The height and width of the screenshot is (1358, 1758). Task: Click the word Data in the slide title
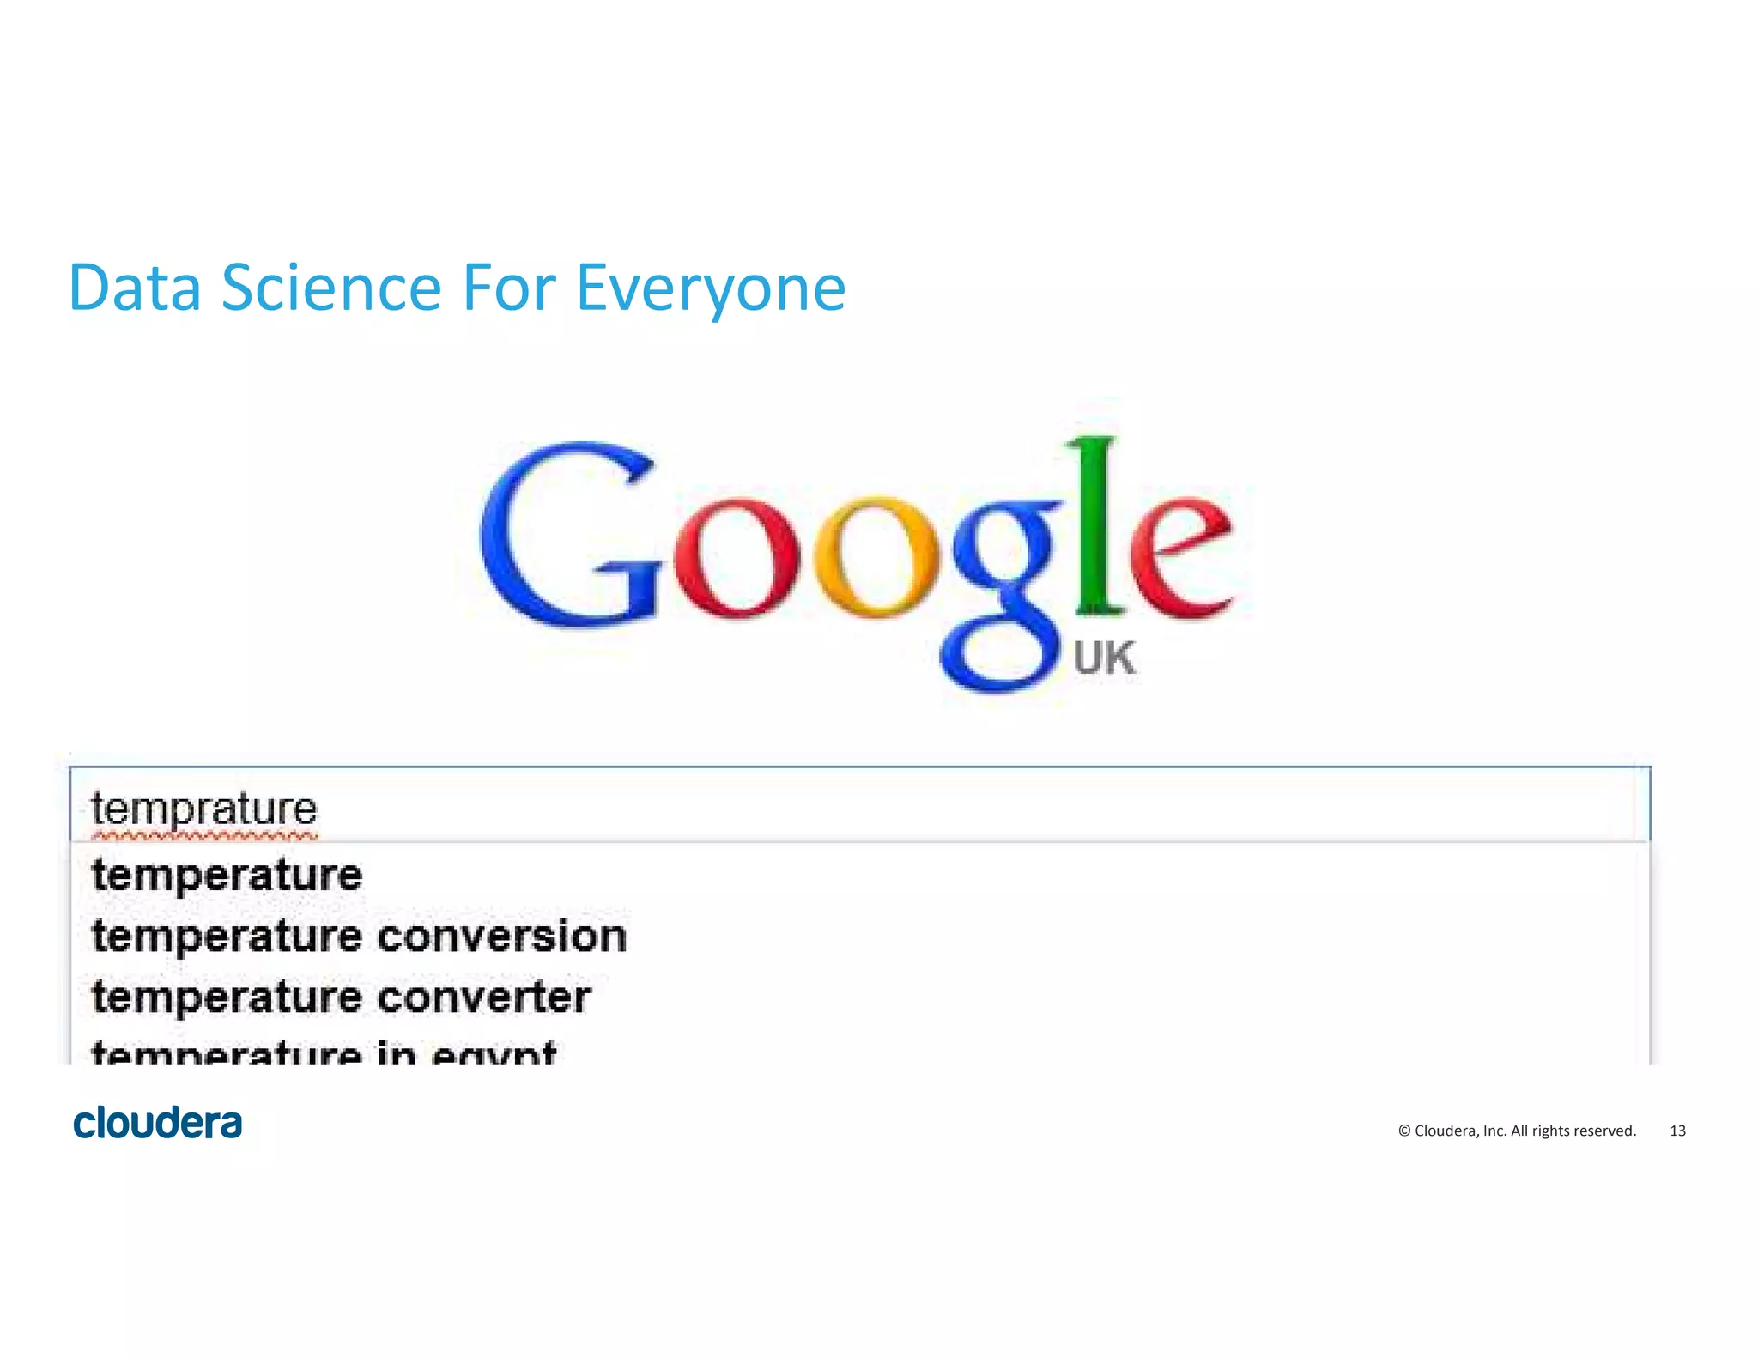pos(135,288)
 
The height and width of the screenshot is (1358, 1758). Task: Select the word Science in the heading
pos(331,288)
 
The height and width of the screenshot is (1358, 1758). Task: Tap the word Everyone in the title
pos(711,290)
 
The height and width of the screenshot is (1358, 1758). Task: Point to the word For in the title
pos(509,288)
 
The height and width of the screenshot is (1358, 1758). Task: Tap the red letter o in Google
pos(737,558)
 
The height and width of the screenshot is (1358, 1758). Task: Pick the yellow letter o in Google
pos(876,558)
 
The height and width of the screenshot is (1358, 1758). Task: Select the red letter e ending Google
pos(1180,558)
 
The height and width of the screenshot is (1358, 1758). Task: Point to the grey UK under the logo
pos(1103,659)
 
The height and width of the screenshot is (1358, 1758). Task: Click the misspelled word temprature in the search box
pos(204,809)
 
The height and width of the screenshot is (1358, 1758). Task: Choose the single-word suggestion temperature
pos(227,876)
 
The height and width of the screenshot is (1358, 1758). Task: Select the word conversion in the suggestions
pos(502,936)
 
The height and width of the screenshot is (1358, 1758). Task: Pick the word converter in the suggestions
pos(484,997)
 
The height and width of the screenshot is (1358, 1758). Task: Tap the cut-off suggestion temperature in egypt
pos(324,1053)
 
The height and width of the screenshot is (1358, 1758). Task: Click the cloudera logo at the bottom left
pos(158,1123)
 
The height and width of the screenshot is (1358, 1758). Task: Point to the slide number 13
pos(1677,1131)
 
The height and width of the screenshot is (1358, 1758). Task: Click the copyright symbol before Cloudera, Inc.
pos(1404,1131)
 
